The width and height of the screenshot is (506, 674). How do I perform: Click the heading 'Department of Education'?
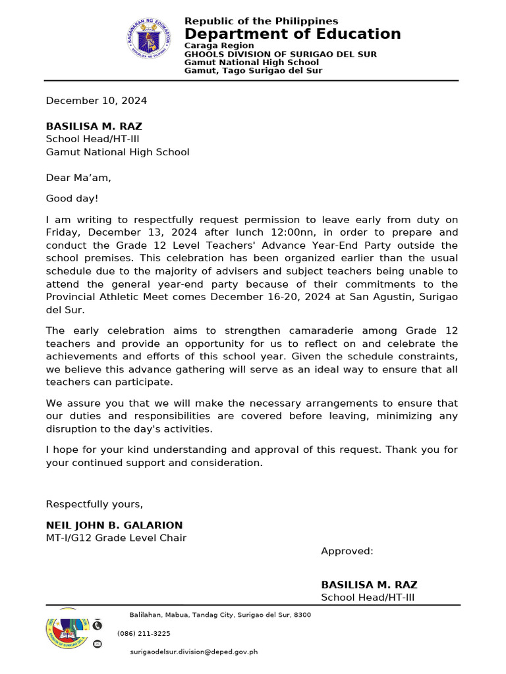tap(293, 34)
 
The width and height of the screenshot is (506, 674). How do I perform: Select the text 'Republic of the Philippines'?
tap(261, 21)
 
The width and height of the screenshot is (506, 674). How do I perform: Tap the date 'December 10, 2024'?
tap(96, 101)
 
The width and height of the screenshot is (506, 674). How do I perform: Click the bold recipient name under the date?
tap(94, 126)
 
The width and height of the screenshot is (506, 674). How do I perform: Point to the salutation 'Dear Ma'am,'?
tap(78, 178)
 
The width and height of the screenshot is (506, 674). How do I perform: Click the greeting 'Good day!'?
tap(72, 198)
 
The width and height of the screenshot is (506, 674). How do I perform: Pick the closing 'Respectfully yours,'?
tap(94, 504)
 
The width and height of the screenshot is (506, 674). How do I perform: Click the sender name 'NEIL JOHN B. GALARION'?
tap(114, 525)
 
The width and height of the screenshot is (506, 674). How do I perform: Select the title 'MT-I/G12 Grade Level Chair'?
tap(116, 538)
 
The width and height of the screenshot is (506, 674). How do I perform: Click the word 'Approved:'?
tap(347, 551)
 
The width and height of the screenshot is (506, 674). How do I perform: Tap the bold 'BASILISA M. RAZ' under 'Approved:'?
tap(369, 584)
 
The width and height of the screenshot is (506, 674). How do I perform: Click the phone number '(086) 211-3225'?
tap(144, 634)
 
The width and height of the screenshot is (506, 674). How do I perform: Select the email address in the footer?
tap(194, 652)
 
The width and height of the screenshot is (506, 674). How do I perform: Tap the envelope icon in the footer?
tap(98, 643)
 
